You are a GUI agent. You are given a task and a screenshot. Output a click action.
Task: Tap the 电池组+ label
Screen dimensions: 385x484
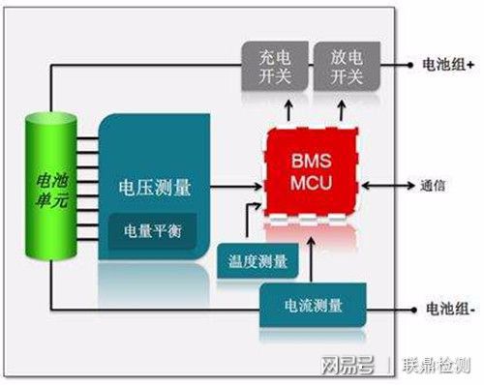446,68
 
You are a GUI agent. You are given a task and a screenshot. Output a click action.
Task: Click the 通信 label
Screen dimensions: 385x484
433,185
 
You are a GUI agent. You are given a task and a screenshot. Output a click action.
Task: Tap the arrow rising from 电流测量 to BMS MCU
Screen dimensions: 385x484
309,253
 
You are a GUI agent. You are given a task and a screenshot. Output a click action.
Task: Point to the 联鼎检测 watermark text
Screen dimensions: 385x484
437,366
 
